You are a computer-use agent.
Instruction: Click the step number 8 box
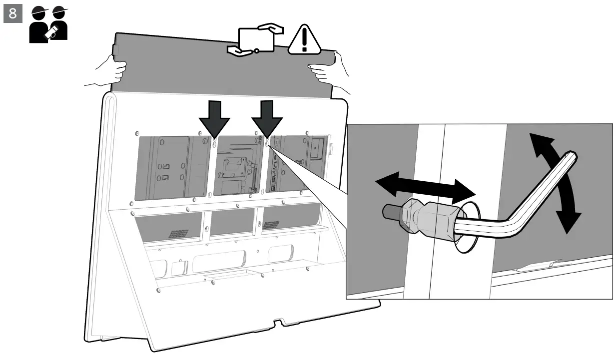[12, 13]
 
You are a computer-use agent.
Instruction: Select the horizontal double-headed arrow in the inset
[425, 187]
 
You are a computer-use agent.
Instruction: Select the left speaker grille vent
[178, 233]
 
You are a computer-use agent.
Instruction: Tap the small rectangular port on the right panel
[316, 146]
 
